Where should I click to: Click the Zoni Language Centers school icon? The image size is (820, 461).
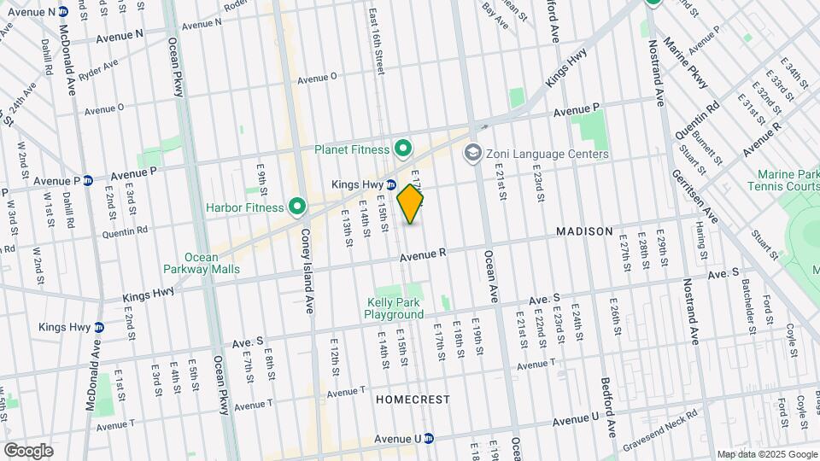(471, 154)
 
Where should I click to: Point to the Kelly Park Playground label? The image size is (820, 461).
(395, 308)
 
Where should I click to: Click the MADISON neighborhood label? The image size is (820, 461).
(584, 231)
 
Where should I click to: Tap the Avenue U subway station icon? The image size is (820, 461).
(430, 439)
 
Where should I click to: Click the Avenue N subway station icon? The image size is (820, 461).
(75, 12)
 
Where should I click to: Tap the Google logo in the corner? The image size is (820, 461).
(28, 450)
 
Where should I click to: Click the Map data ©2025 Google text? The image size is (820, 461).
(767, 454)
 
